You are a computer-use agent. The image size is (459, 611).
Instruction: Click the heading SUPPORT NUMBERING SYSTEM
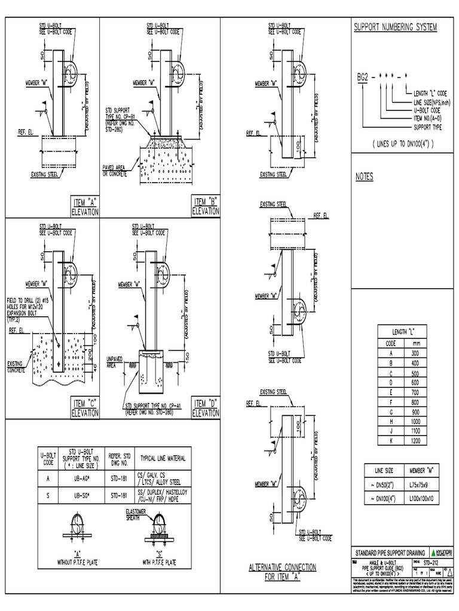396,27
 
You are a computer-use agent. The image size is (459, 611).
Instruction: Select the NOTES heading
365,177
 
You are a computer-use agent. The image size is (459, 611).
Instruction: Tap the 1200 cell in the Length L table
415,441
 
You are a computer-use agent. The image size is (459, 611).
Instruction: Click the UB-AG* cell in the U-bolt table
79,477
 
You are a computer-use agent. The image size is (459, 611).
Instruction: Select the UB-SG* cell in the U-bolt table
79,495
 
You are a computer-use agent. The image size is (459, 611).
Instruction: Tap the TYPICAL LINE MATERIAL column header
163,458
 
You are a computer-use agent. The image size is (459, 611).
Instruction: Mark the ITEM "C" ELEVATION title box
84,409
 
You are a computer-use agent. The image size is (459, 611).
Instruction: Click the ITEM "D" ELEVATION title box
205,409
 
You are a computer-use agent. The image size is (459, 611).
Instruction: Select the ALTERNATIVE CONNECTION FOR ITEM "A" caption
282,572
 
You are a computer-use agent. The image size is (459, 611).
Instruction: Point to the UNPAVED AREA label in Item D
115,360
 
